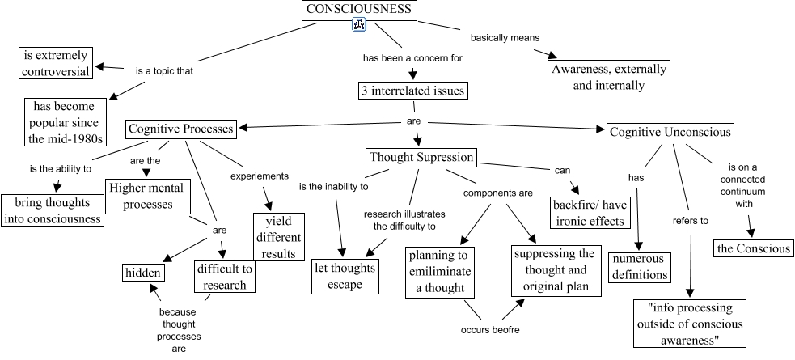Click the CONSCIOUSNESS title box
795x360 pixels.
click(360, 11)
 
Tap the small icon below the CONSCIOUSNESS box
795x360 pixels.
click(360, 26)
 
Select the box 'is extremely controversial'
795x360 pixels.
click(56, 63)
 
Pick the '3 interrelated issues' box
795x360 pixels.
click(412, 91)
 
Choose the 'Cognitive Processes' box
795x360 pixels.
click(181, 129)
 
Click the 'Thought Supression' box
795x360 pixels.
click(421, 157)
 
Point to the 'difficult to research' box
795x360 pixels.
click(226, 275)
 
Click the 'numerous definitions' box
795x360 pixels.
click(640, 267)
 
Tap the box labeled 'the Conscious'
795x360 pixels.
click(754, 248)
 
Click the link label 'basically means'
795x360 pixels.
click(505, 37)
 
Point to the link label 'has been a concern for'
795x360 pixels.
click(412, 58)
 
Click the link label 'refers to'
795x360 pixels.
click(690, 220)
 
